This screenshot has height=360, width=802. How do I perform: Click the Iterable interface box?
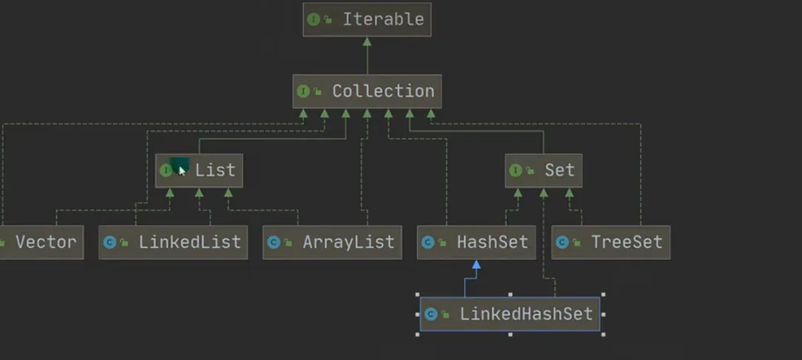pos(367,19)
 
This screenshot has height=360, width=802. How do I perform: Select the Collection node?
pos(367,91)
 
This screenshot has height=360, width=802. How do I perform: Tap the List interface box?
pos(199,170)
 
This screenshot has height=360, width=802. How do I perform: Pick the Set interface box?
pos(544,170)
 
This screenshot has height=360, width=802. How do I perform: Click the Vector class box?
pos(41,242)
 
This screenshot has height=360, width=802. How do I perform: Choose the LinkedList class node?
pos(173,242)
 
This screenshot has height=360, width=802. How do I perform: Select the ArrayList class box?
pos(332,242)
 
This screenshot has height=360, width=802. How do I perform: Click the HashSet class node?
pos(476,242)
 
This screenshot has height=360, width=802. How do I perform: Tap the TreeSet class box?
pos(610,242)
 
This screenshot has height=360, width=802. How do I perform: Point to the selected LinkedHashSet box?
pos(510,313)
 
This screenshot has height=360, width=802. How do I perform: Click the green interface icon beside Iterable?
pos(313,19)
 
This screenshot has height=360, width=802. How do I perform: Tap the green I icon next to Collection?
pos(303,91)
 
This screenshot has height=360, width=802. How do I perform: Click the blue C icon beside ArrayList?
pos(273,242)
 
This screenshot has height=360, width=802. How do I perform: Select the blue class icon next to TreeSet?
pos(562,242)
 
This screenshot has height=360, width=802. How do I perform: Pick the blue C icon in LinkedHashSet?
pos(431,313)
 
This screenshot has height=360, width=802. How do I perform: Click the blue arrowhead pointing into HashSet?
pos(476,264)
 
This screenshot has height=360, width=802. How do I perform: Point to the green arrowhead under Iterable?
pos(367,41)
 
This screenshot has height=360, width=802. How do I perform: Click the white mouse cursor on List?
pos(182,170)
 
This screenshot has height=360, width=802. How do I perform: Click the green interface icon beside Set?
pos(515,170)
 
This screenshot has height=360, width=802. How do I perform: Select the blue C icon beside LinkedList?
pos(109,242)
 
